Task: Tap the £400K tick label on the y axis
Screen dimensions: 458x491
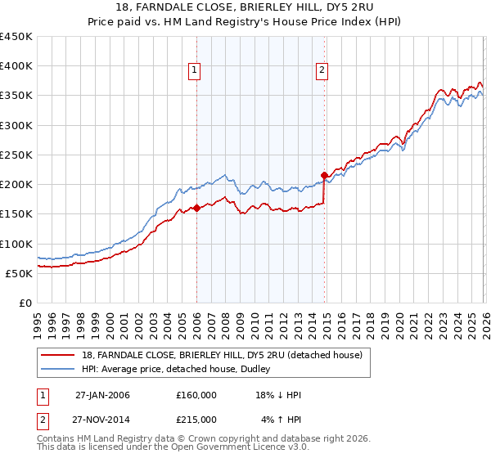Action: point(16,66)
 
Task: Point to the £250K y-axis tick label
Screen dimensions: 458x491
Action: point(16,155)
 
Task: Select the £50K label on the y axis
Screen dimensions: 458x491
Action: point(20,273)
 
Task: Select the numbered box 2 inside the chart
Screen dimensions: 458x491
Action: point(322,71)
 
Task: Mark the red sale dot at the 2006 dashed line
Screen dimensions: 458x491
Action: point(196,208)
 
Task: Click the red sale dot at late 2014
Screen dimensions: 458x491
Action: point(325,175)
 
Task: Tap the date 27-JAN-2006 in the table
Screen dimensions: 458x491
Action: point(102,395)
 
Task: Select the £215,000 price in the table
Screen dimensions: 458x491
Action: point(196,419)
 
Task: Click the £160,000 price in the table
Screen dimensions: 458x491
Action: point(196,395)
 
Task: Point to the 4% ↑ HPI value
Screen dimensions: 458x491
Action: point(282,419)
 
